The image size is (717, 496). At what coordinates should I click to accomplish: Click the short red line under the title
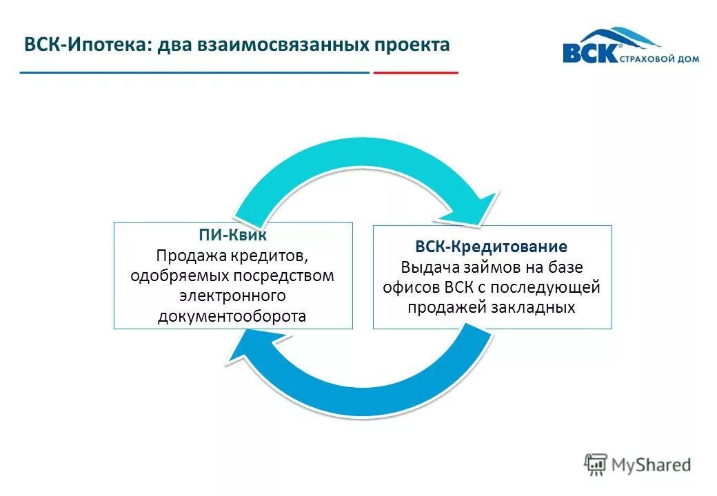pos(415,72)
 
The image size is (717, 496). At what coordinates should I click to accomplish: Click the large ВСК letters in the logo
pos(589,54)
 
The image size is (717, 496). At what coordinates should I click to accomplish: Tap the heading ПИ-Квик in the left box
pos(233,235)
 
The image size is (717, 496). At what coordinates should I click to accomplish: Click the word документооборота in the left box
pos(232,316)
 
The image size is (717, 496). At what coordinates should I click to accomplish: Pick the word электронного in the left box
pos(232,296)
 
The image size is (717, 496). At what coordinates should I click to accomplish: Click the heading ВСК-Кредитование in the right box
pos(492,246)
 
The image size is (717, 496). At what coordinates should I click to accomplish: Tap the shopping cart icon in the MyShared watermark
pos(596,464)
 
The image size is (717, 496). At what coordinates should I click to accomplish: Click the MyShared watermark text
pos(651,465)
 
